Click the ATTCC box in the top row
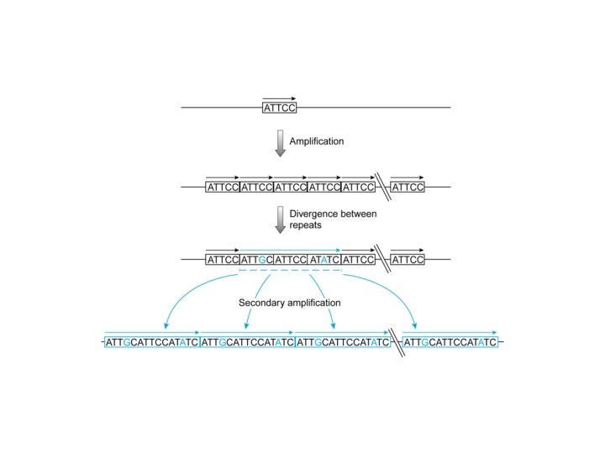click(280, 108)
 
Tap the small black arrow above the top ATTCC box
click(279, 98)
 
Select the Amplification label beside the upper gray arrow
click(317, 141)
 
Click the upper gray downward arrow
click(281, 143)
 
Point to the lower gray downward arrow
click(281, 220)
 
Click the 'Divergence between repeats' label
click(333, 220)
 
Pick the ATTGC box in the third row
click(256, 260)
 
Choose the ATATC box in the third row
click(324, 260)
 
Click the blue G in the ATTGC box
click(263, 260)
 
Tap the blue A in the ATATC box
click(324, 260)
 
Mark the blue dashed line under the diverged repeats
click(290, 271)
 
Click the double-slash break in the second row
click(382, 186)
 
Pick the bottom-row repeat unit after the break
click(450, 343)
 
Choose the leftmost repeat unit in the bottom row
click(152, 343)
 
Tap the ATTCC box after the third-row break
click(408, 260)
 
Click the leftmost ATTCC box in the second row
click(223, 187)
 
